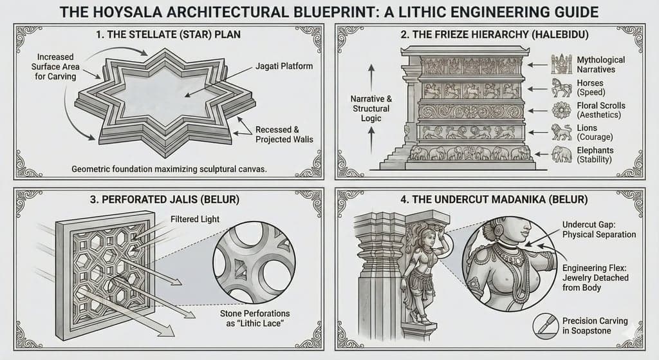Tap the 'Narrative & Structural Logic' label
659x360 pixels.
[x=371, y=108]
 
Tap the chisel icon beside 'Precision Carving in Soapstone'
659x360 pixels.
[x=545, y=325]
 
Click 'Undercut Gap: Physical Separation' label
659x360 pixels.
[x=598, y=229]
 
